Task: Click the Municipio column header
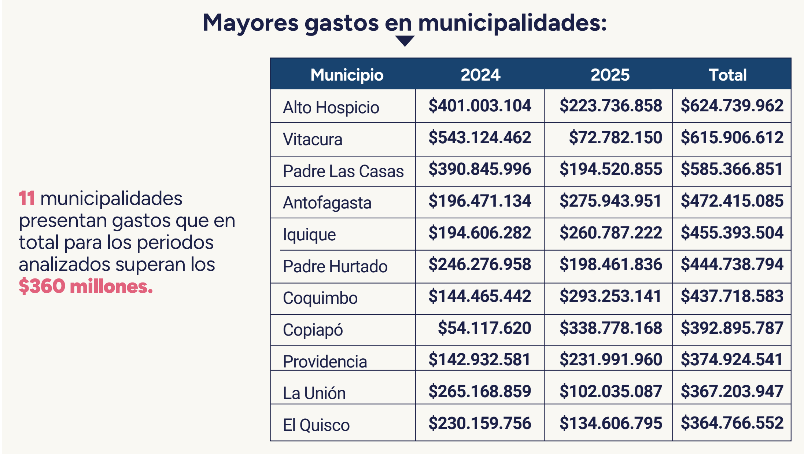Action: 347,75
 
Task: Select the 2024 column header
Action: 480,75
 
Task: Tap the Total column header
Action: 727,75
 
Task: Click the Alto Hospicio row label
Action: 331,107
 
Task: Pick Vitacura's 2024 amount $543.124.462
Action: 480,137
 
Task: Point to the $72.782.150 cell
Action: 615,137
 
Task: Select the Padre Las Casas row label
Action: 343,171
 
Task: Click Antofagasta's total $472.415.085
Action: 732,201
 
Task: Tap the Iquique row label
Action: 309,234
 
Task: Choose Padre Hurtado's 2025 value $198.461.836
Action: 611,264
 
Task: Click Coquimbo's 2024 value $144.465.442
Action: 480,296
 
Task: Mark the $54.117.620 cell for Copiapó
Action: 484,328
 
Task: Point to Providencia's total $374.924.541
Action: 732,359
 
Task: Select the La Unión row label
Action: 314,393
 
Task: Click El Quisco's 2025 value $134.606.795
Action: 611,423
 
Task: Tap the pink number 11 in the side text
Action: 27,198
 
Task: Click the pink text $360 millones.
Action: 86,286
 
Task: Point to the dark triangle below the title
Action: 405,40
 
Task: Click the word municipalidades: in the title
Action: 512,23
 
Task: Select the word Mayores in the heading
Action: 251,23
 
